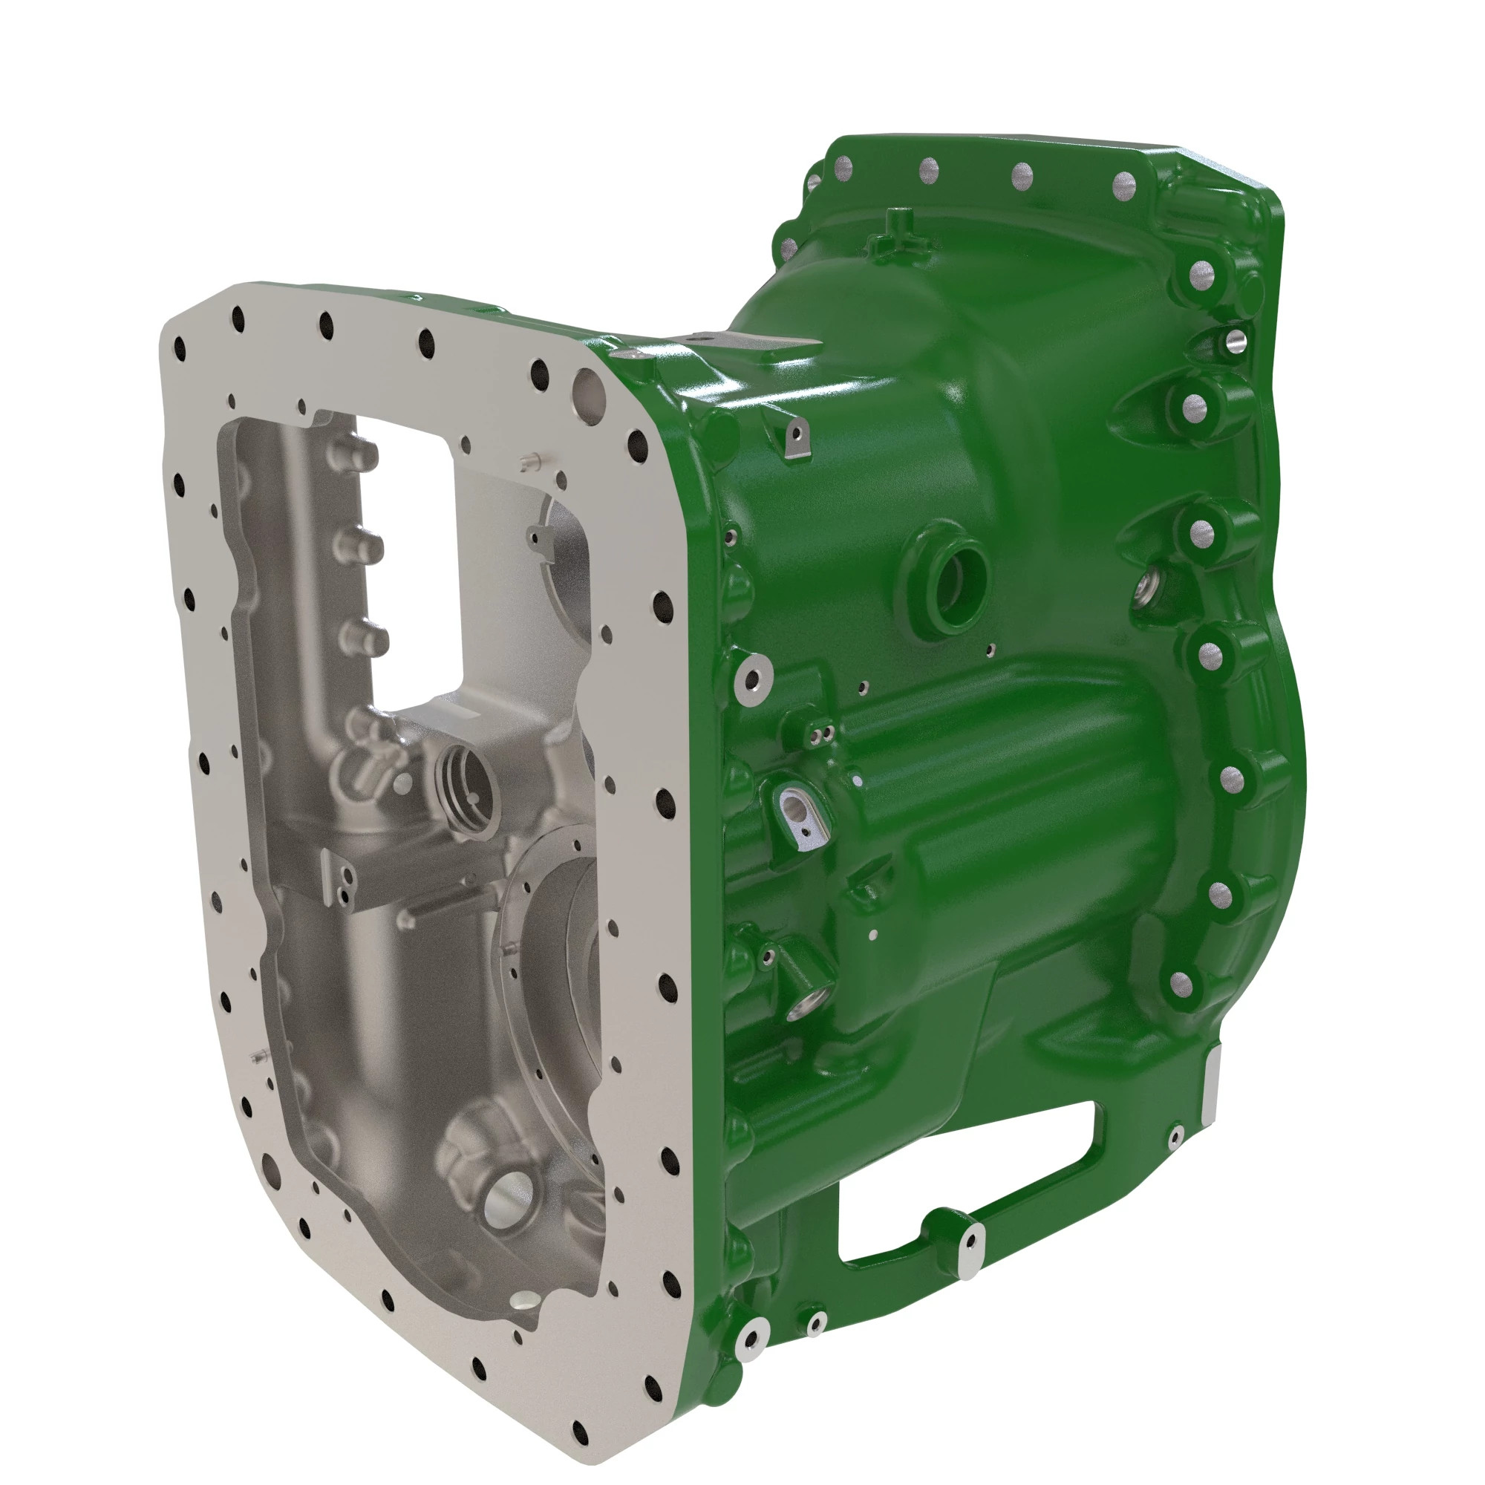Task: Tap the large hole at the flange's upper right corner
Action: click(589, 385)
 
